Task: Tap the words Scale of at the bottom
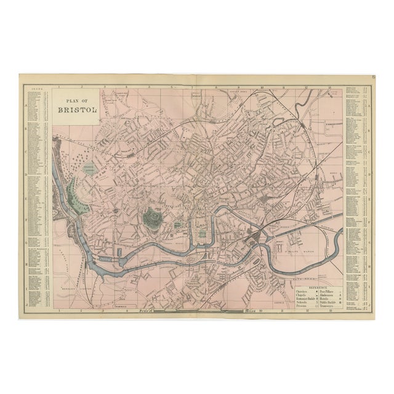click(147, 311)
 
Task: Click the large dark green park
click(151, 216)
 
